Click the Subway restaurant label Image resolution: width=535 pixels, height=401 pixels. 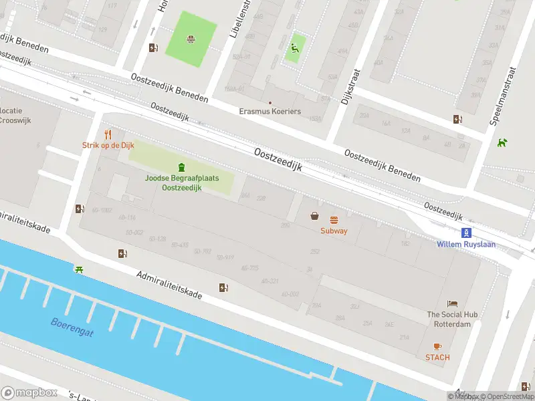(x=334, y=231)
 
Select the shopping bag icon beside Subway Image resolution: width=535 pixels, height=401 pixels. (x=314, y=215)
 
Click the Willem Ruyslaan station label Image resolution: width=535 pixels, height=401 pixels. (x=466, y=245)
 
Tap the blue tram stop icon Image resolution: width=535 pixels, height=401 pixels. (x=466, y=233)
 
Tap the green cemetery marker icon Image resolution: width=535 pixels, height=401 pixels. (x=181, y=166)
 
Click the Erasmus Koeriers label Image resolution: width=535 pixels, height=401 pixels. (x=270, y=111)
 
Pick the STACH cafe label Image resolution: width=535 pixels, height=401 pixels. (x=437, y=358)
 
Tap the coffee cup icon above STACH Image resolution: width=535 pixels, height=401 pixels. (x=437, y=346)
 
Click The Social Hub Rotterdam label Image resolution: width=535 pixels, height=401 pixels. (x=449, y=319)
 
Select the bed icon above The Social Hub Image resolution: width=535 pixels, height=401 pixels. (x=453, y=303)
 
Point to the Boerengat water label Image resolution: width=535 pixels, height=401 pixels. (x=72, y=326)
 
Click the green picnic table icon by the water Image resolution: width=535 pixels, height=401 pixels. (x=80, y=269)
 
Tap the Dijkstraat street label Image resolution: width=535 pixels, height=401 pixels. (x=346, y=87)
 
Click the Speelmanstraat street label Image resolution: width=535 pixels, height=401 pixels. (x=504, y=96)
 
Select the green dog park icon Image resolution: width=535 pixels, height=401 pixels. (x=502, y=142)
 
